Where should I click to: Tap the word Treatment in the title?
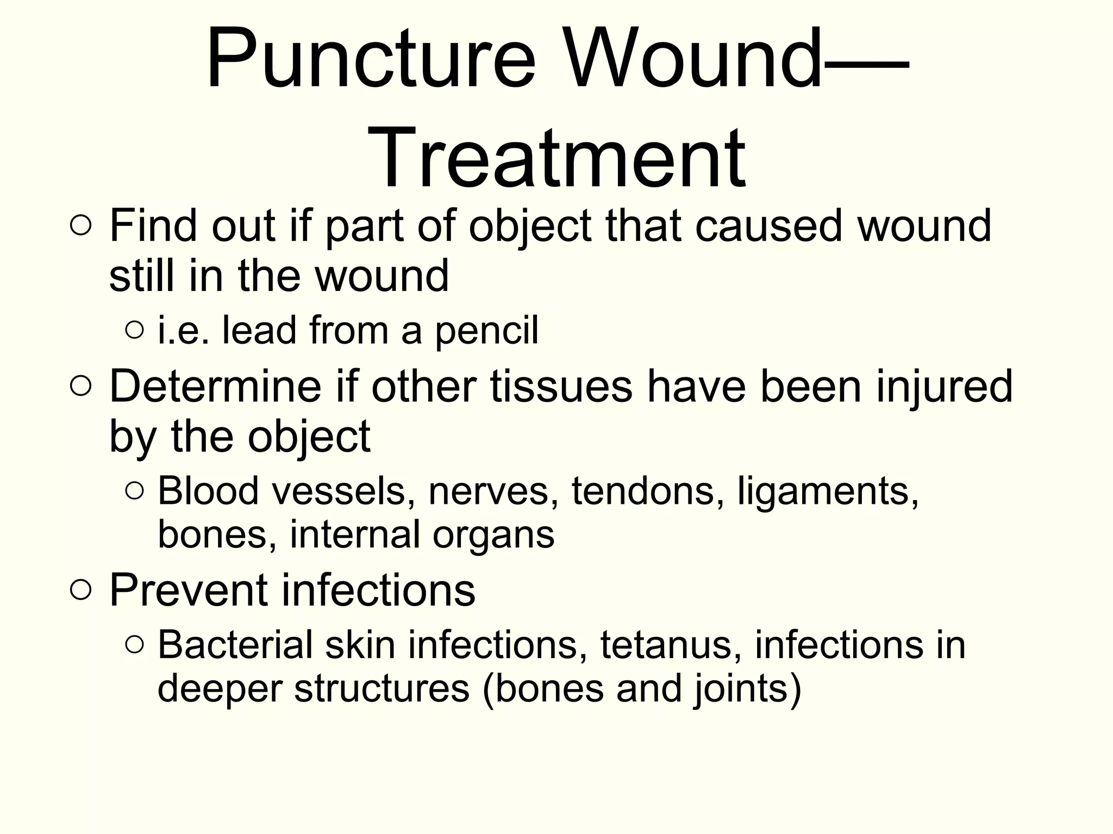[x=559, y=157]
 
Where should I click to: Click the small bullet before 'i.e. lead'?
[x=134, y=330]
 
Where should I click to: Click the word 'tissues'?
[x=561, y=386]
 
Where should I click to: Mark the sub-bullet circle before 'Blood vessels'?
[x=134, y=491]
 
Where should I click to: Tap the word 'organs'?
[x=493, y=535]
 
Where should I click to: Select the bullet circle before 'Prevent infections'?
[x=80, y=590]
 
